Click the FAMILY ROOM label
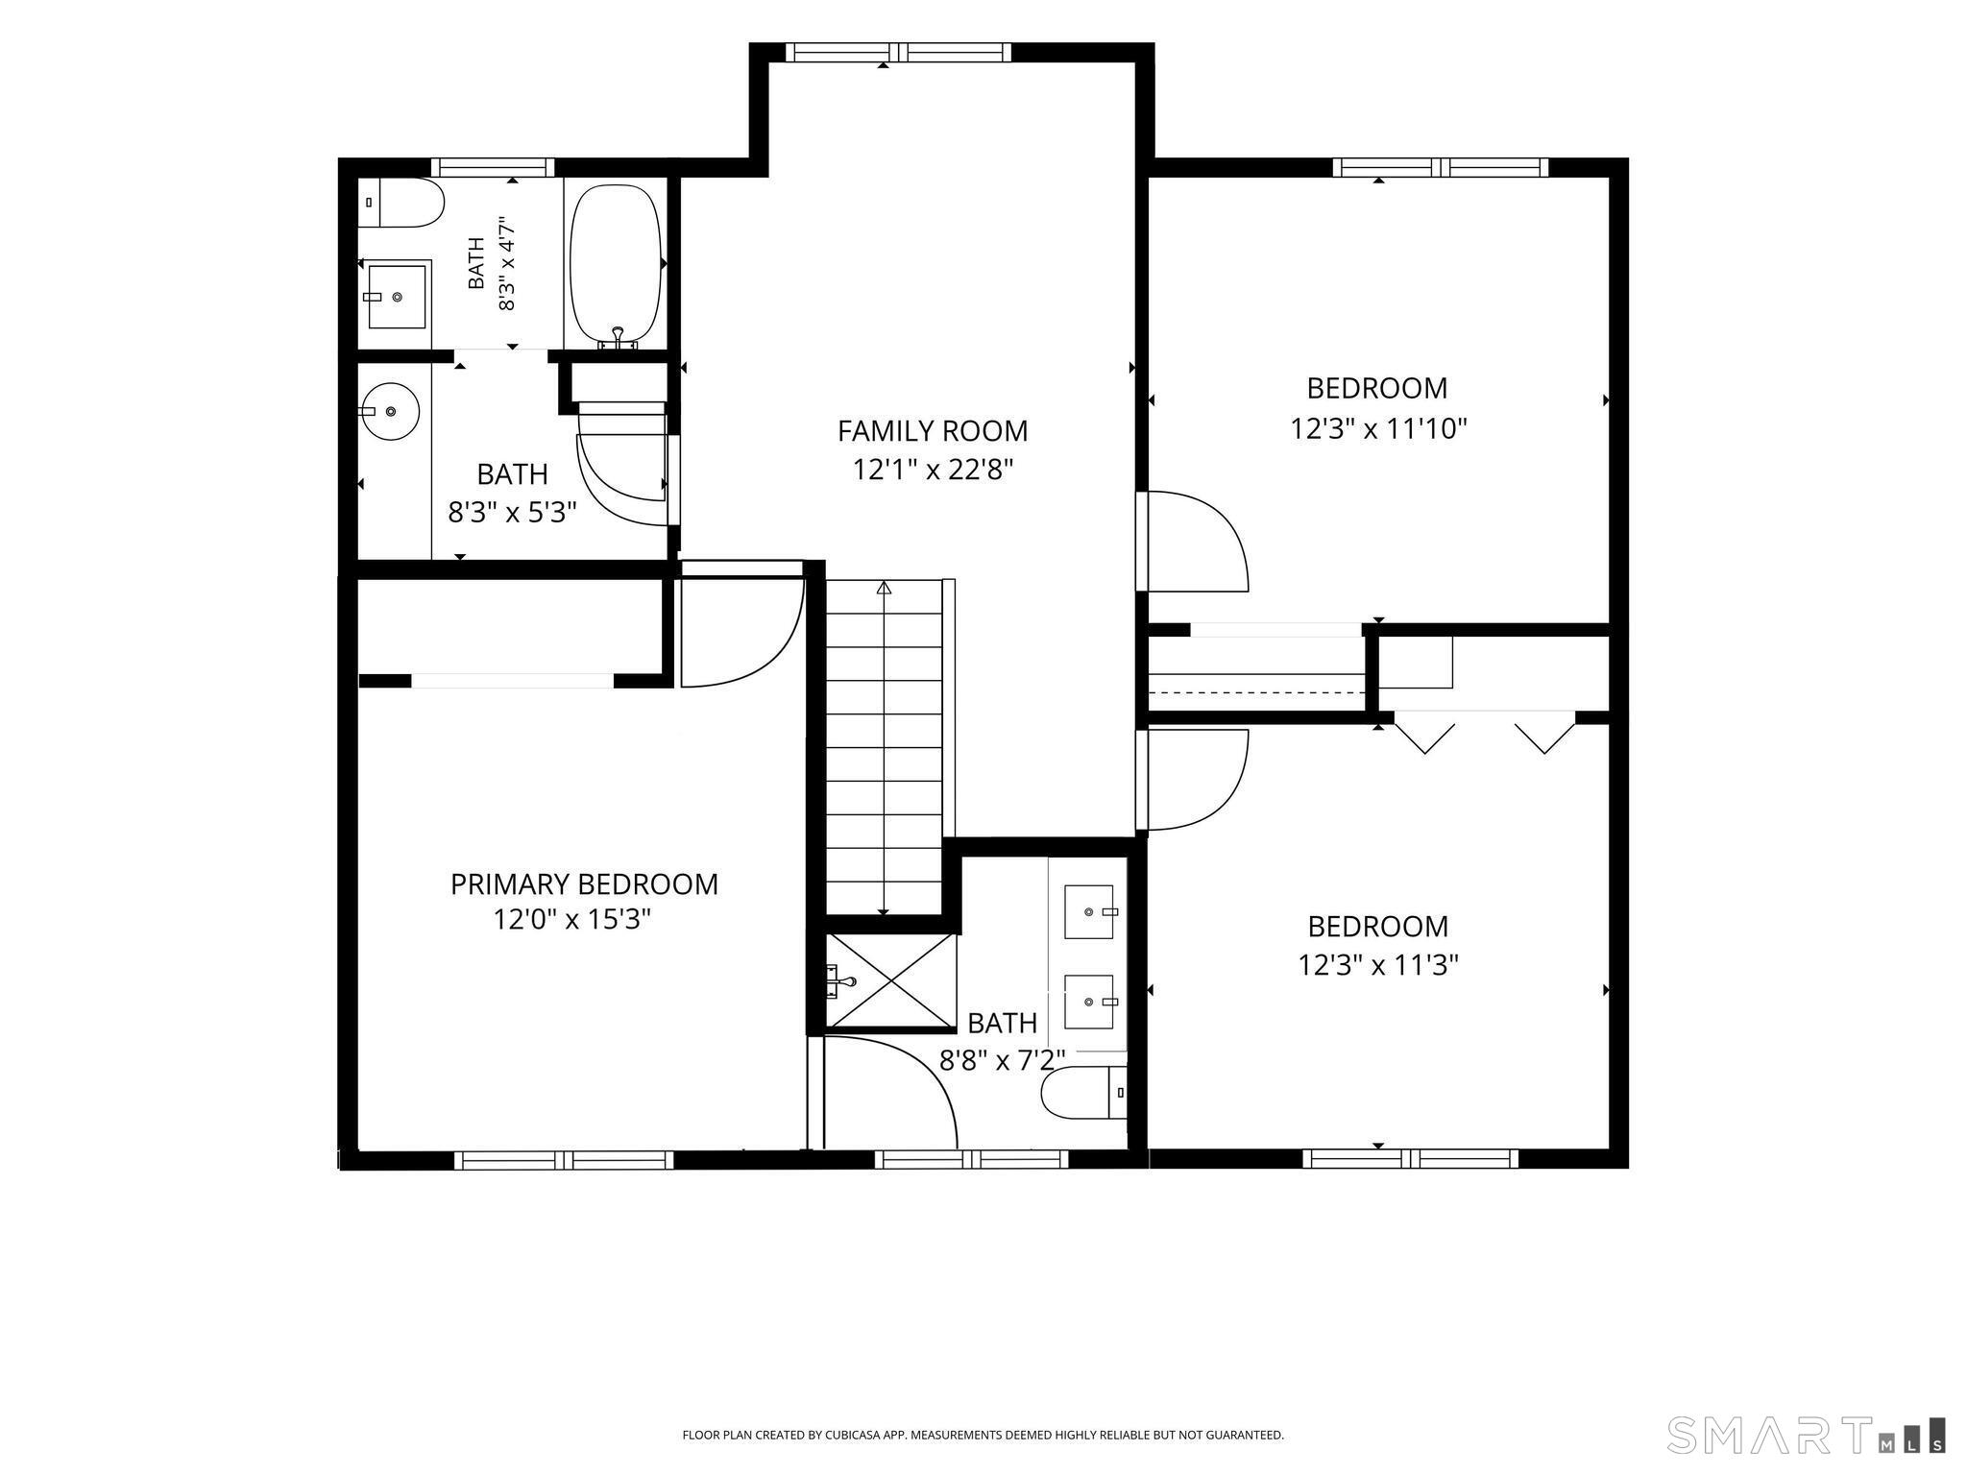pos(933,431)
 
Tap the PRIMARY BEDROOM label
pos(584,884)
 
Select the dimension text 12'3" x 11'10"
pos(1378,428)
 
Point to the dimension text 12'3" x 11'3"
pos(1378,964)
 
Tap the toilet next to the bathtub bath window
pos(401,203)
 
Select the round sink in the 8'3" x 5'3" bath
pos(389,412)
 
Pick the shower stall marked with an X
pos(891,980)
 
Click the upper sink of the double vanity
pos(1090,911)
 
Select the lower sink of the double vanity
pos(1090,1002)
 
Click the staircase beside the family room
pos(885,747)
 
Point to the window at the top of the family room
pos(898,53)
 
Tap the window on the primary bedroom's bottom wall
pos(564,1160)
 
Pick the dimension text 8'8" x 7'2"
pos(1003,1060)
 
